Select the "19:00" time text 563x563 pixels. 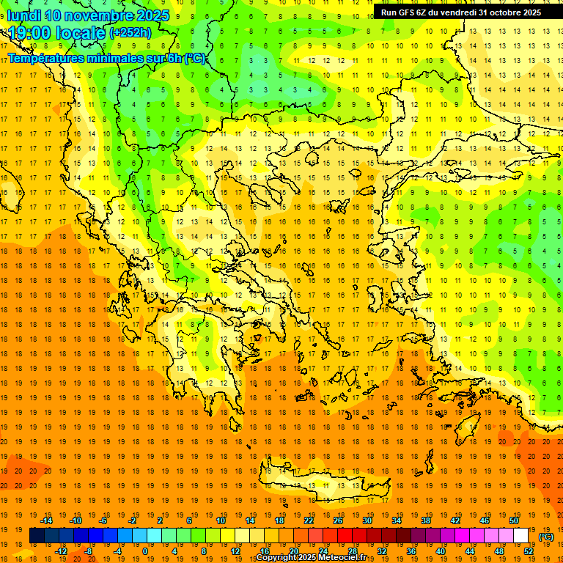[29, 33]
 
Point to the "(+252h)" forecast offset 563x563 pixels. [130, 33]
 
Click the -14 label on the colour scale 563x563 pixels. [48, 520]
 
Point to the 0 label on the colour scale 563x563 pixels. [144, 551]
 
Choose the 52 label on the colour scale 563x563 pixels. [529, 551]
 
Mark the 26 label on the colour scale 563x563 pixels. [338, 520]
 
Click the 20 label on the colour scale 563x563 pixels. [294, 551]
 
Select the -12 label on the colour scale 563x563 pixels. [61, 551]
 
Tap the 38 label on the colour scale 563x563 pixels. [426, 520]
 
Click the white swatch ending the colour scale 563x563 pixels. [521, 535]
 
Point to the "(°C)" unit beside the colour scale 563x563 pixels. [546, 537]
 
